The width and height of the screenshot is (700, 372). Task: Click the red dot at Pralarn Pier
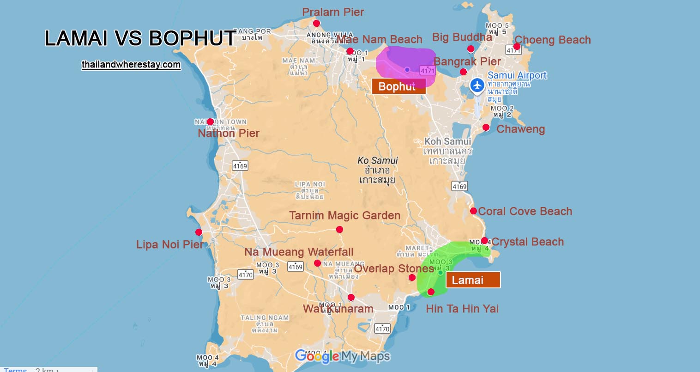[316, 23]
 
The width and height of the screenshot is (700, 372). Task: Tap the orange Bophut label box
[398, 86]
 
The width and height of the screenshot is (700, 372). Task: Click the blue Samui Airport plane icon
[477, 85]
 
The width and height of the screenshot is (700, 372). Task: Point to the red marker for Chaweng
[486, 128]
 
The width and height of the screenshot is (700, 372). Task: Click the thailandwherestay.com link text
[131, 65]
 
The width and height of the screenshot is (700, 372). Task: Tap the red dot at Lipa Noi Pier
[199, 232]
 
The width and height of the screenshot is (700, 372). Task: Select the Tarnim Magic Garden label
[344, 215]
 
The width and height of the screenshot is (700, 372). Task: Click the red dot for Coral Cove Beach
[473, 211]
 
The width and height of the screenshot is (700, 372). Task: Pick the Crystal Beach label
[527, 242]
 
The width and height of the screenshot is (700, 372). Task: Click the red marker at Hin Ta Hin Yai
[431, 292]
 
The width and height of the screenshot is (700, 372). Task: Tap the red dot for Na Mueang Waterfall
[317, 263]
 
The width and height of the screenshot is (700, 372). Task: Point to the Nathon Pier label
[229, 133]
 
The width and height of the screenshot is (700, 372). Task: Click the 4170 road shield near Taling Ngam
[246, 274]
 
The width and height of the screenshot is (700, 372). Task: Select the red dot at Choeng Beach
[517, 46]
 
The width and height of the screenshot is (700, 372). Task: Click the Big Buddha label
[462, 37]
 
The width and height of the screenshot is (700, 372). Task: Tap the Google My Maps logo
[342, 356]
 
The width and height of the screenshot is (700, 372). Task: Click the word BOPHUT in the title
[193, 38]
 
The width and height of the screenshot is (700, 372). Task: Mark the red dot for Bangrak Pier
[463, 72]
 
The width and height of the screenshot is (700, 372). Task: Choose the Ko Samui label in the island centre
[377, 160]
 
